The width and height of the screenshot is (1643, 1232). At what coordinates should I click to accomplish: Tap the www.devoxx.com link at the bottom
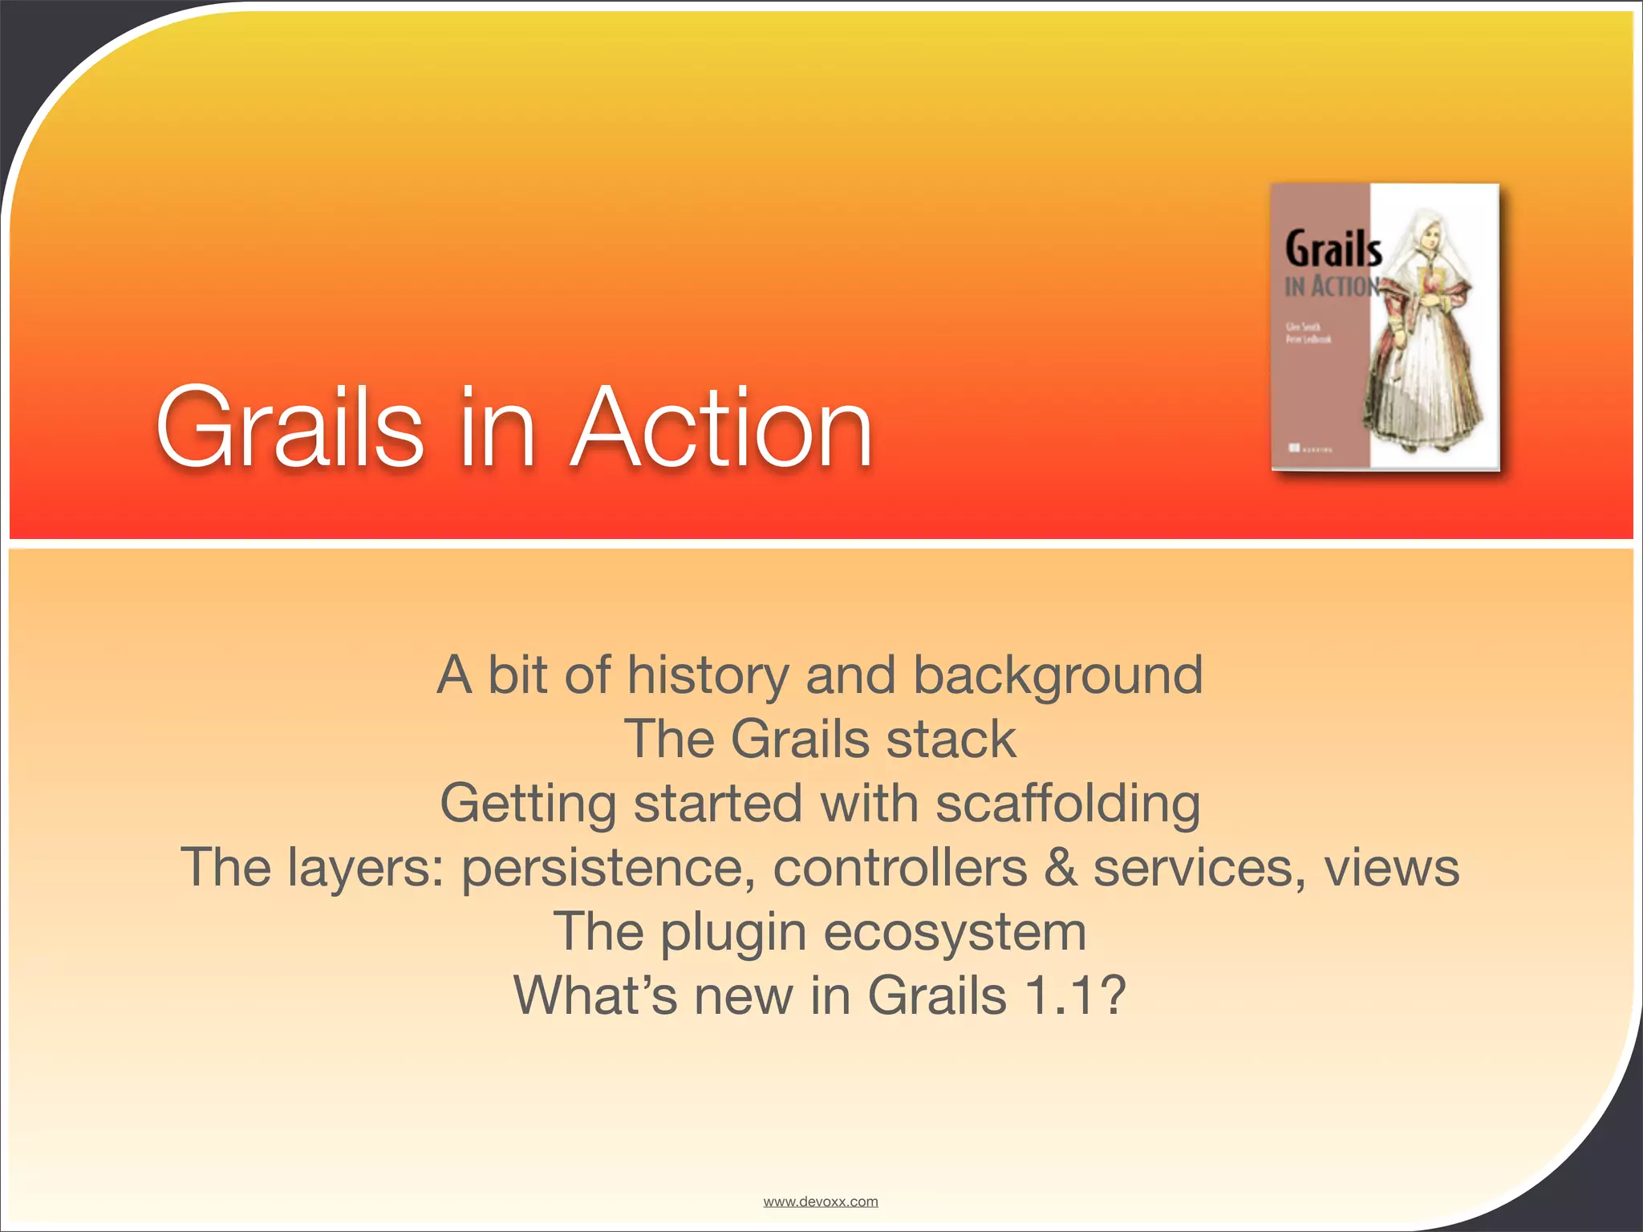tap(820, 1202)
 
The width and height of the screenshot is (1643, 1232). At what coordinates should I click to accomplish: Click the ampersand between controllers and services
tap(1061, 867)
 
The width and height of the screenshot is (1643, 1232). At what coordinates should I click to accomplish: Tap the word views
tap(1391, 868)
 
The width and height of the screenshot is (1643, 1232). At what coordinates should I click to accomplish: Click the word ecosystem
tap(955, 933)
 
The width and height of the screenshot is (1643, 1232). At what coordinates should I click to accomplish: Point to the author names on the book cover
tap(1308, 333)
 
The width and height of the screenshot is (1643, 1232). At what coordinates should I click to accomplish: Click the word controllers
tap(899, 868)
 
